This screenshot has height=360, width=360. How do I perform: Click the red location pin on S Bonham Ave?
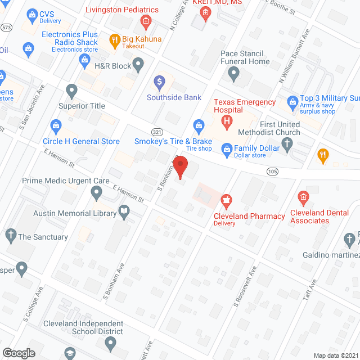(x=180, y=167)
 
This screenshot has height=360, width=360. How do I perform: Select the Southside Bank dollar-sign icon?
(x=160, y=82)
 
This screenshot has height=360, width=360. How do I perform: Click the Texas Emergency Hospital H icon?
(x=227, y=121)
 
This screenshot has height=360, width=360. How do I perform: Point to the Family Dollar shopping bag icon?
(x=227, y=149)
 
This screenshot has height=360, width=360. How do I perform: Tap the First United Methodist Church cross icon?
(x=287, y=144)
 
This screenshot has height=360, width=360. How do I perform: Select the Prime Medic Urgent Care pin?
(x=96, y=193)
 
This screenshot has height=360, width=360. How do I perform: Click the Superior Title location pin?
(x=71, y=90)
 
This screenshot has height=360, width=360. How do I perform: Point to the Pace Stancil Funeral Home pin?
(x=236, y=73)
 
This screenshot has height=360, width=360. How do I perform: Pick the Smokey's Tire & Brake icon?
(x=198, y=125)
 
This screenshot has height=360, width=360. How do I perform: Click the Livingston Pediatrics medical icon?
(x=146, y=22)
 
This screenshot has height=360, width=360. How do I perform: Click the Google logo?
(x=19, y=353)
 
